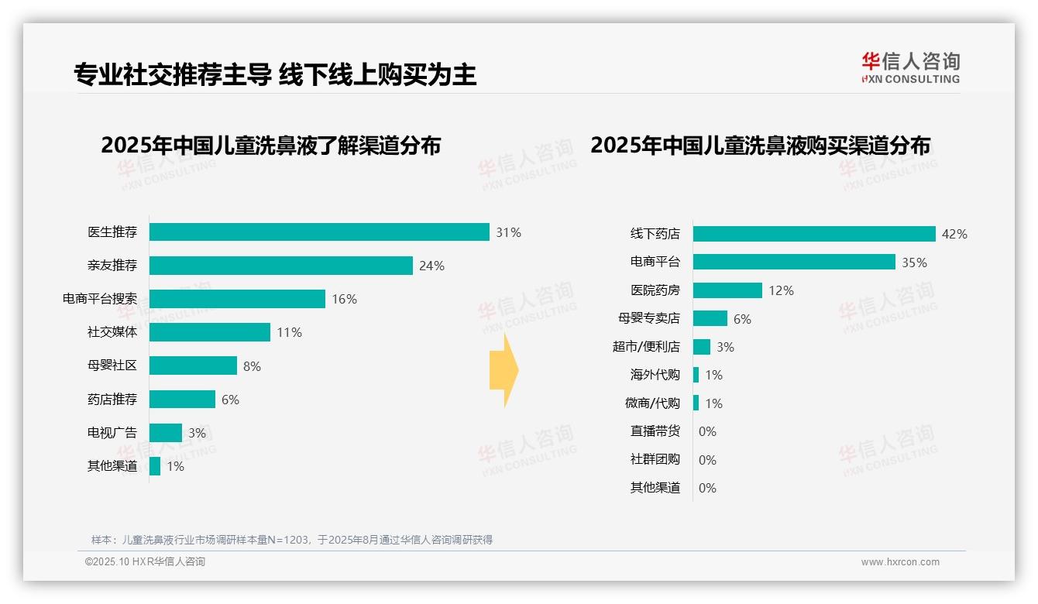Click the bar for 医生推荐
point(319,232)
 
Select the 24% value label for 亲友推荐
point(431,266)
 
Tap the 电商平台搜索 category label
point(100,299)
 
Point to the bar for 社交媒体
point(210,332)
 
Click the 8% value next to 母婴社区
point(252,366)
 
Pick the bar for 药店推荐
point(182,400)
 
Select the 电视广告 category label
point(112,433)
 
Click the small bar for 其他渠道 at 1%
point(155,466)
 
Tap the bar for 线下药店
point(814,234)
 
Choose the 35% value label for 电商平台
point(914,263)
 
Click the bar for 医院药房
point(727,290)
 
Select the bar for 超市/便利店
point(702,347)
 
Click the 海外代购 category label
point(655,375)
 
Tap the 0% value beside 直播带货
point(707,432)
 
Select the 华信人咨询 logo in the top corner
point(910,67)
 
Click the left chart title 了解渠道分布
point(270,146)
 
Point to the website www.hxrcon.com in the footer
point(900,562)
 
